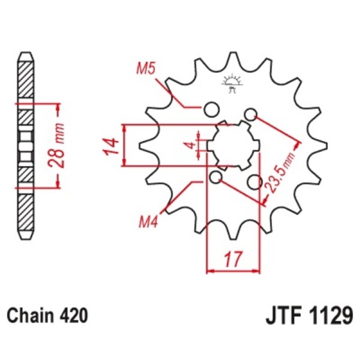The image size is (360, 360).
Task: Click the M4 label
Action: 148,223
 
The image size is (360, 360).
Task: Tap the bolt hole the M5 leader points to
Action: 211,109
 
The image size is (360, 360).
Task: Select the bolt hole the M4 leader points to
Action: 216,177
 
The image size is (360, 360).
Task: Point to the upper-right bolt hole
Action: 251,114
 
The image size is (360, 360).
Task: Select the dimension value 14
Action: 109,146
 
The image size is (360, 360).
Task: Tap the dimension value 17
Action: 233,260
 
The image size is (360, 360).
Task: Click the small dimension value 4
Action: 188,146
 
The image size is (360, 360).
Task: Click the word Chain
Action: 28,315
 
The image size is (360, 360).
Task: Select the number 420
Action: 73,315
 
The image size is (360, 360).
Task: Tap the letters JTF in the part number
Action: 282,314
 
